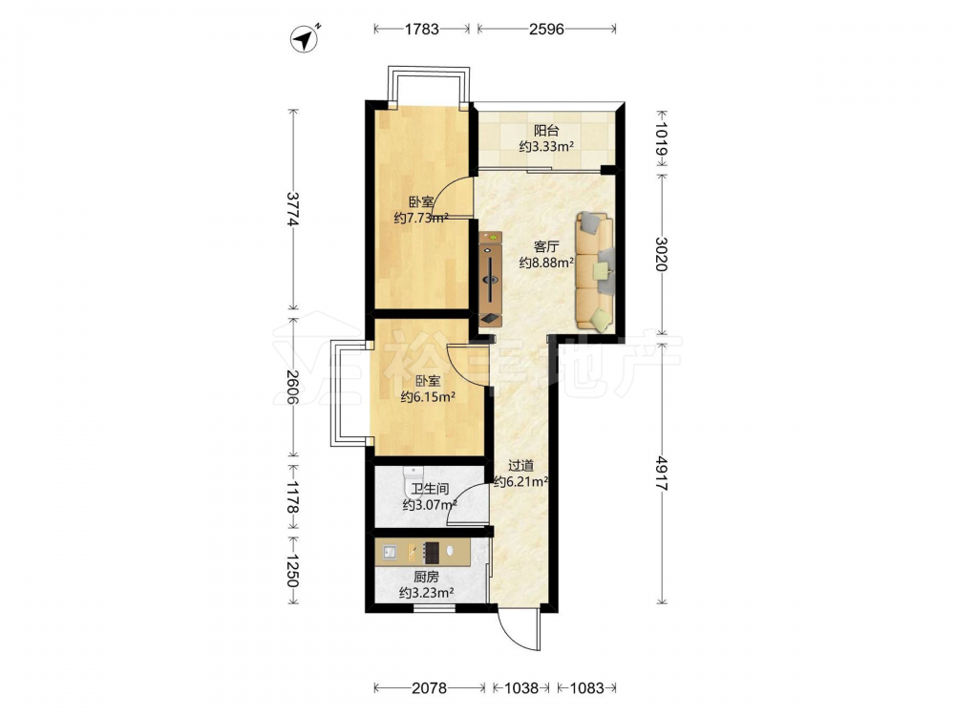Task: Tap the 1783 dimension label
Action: pos(421,29)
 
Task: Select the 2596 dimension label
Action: pos(546,29)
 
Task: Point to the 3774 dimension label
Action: pos(293,209)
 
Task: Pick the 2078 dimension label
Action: pos(430,688)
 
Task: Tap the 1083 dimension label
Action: pos(586,688)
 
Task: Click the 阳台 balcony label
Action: pos(546,130)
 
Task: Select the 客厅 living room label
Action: pos(546,246)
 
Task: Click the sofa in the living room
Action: pos(595,272)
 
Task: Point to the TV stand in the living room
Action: pos(490,279)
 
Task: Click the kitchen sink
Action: pos(390,552)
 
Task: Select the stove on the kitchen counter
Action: pos(432,552)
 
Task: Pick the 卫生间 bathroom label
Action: pos(430,489)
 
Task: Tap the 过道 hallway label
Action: pos(520,467)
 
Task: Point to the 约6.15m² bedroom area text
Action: pos(429,397)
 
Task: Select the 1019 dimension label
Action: pos(662,139)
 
